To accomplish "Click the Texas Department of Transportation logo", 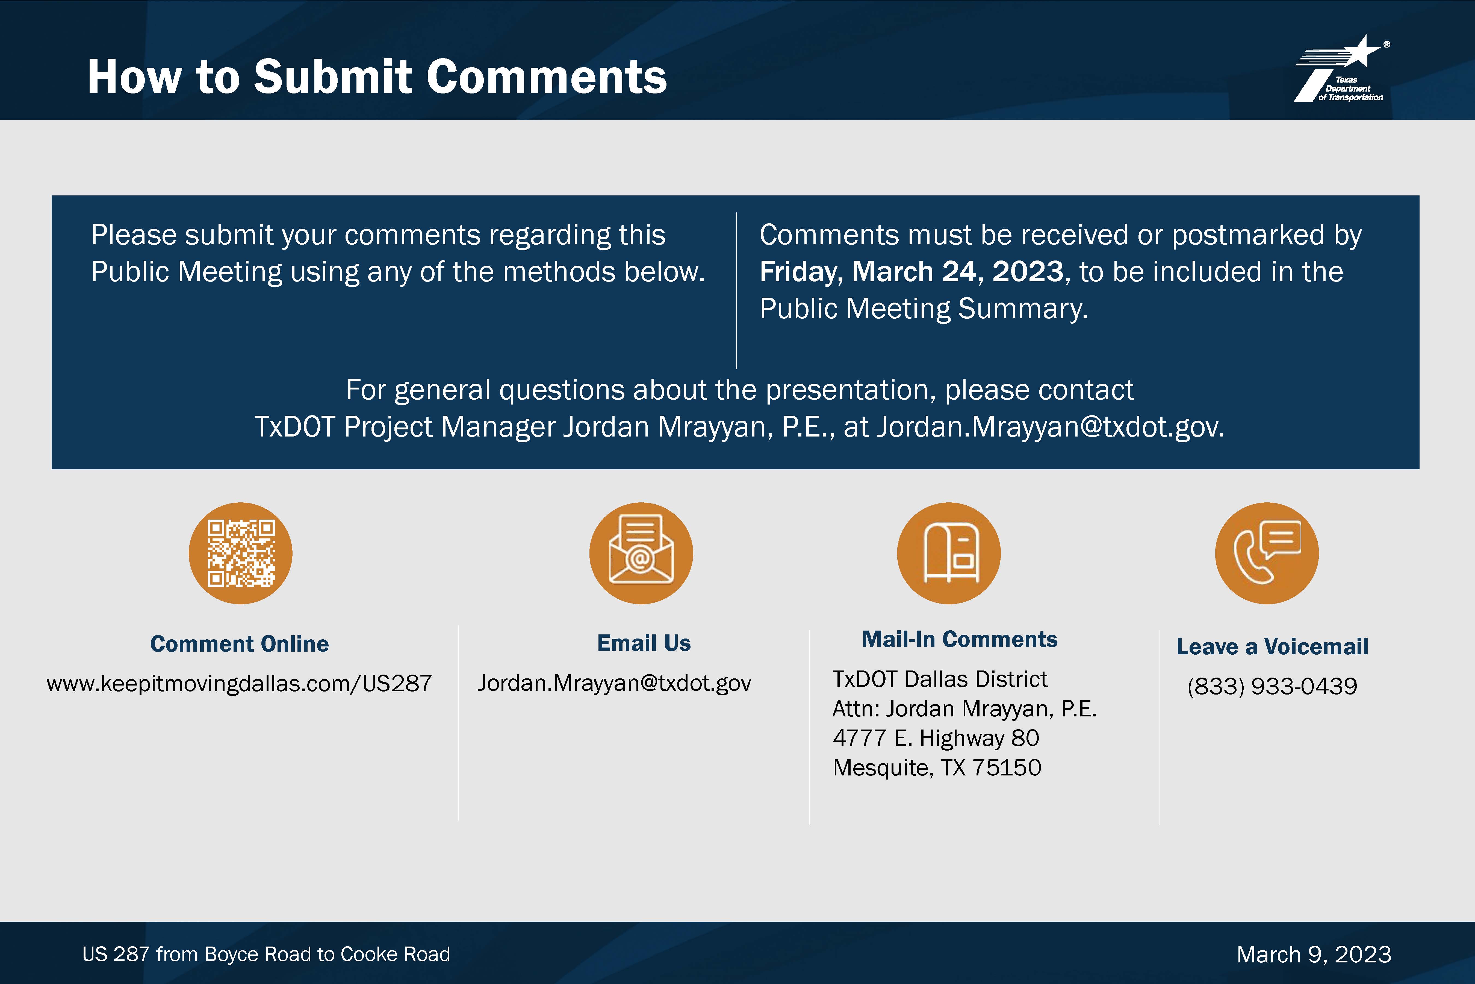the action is tap(1342, 69).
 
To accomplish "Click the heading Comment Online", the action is tap(240, 644).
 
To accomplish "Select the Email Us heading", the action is tap(644, 643).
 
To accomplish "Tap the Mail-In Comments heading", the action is tap(960, 640).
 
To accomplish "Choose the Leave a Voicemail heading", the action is tap(1272, 646).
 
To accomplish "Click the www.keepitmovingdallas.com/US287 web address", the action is tap(240, 683).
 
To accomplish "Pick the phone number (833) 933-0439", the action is tap(1272, 686).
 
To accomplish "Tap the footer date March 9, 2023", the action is tap(1314, 954).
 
